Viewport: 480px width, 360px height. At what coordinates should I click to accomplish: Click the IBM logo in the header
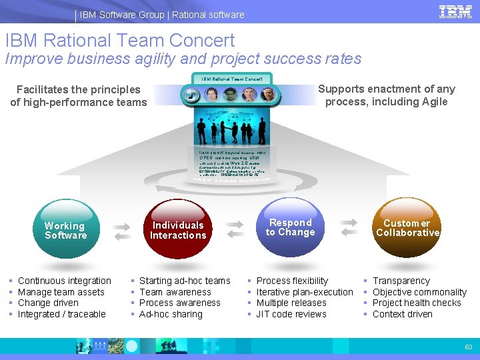click(x=456, y=12)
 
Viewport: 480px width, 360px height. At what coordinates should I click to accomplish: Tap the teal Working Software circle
click(x=65, y=229)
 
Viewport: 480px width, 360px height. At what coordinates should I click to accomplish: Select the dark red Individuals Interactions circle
click(x=178, y=229)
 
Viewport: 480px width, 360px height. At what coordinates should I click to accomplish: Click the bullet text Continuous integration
click(x=65, y=281)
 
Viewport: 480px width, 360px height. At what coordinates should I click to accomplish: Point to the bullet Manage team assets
click(x=61, y=292)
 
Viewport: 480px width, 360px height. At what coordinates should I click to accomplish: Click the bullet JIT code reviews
click(x=292, y=314)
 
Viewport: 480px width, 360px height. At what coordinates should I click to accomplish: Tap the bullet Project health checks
click(x=417, y=303)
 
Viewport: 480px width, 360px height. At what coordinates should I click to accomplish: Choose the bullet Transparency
click(x=401, y=281)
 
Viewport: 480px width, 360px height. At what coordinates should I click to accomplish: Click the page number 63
click(x=468, y=347)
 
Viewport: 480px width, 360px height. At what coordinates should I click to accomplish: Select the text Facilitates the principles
click(x=79, y=89)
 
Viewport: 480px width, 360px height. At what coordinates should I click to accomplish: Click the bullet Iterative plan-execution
click(x=305, y=292)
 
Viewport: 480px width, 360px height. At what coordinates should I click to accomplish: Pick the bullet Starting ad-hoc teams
click(x=185, y=281)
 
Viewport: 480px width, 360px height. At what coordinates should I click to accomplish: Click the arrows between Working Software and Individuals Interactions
click(x=123, y=231)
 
